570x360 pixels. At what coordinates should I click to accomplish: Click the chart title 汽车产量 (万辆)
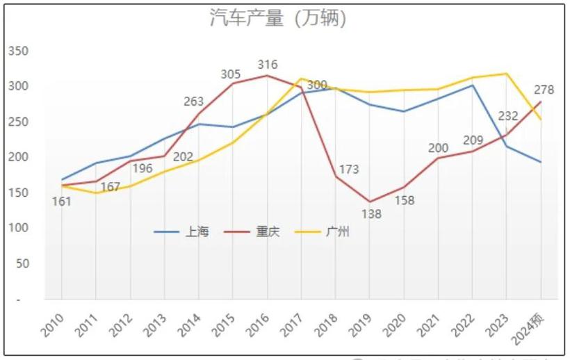[x=278, y=18]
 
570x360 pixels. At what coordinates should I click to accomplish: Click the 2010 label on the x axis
[x=54, y=322]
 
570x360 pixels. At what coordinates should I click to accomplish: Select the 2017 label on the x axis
[x=293, y=322]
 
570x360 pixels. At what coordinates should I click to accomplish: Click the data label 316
[x=268, y=65]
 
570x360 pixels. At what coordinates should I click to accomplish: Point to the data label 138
[x=371, y=214]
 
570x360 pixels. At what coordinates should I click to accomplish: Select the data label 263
[x=194, y=101]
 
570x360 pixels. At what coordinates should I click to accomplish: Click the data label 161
[x=62, y=202]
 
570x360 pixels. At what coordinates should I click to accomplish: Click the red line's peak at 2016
[x=268, y=75]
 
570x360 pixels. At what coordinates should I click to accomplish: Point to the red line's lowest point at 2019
[x=370, y=202]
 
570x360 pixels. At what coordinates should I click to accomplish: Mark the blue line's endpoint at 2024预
[x=541, y=162]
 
